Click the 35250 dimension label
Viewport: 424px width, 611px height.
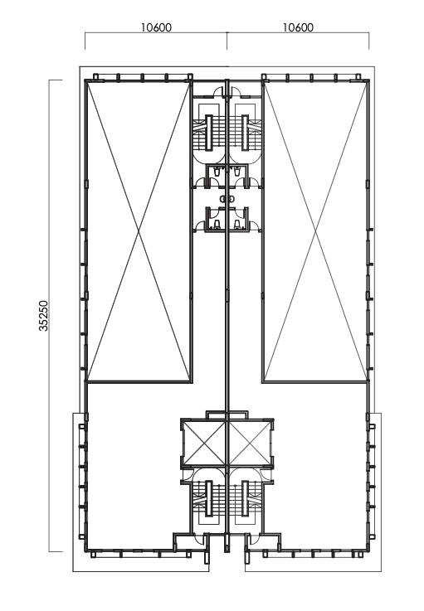43,315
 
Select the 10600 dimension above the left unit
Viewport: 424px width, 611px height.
155,27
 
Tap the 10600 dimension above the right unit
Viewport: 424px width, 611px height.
298,27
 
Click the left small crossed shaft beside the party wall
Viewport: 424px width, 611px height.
205,443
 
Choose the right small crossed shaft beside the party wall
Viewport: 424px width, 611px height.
249,443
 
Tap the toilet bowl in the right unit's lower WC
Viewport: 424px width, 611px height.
239,223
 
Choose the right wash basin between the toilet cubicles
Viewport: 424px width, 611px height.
232,199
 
